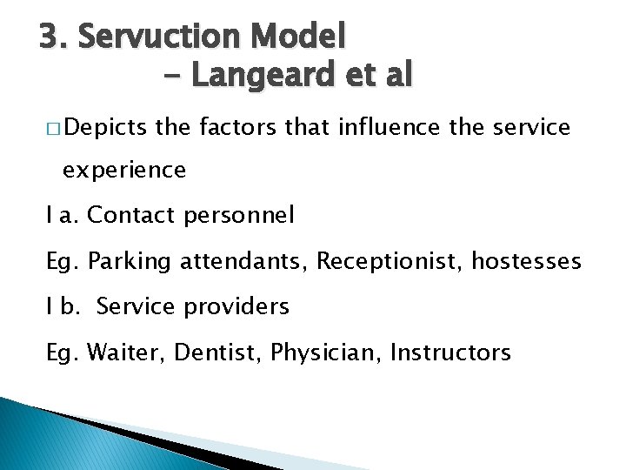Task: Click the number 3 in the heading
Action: click(x=49, y=37)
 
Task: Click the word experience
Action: click(x=124, y=170)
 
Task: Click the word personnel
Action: click(x=239, y=214)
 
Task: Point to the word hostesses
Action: click(x=526, y=260)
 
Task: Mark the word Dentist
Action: click(x=218, y=352)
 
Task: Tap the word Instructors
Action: click(x=450, y=352)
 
